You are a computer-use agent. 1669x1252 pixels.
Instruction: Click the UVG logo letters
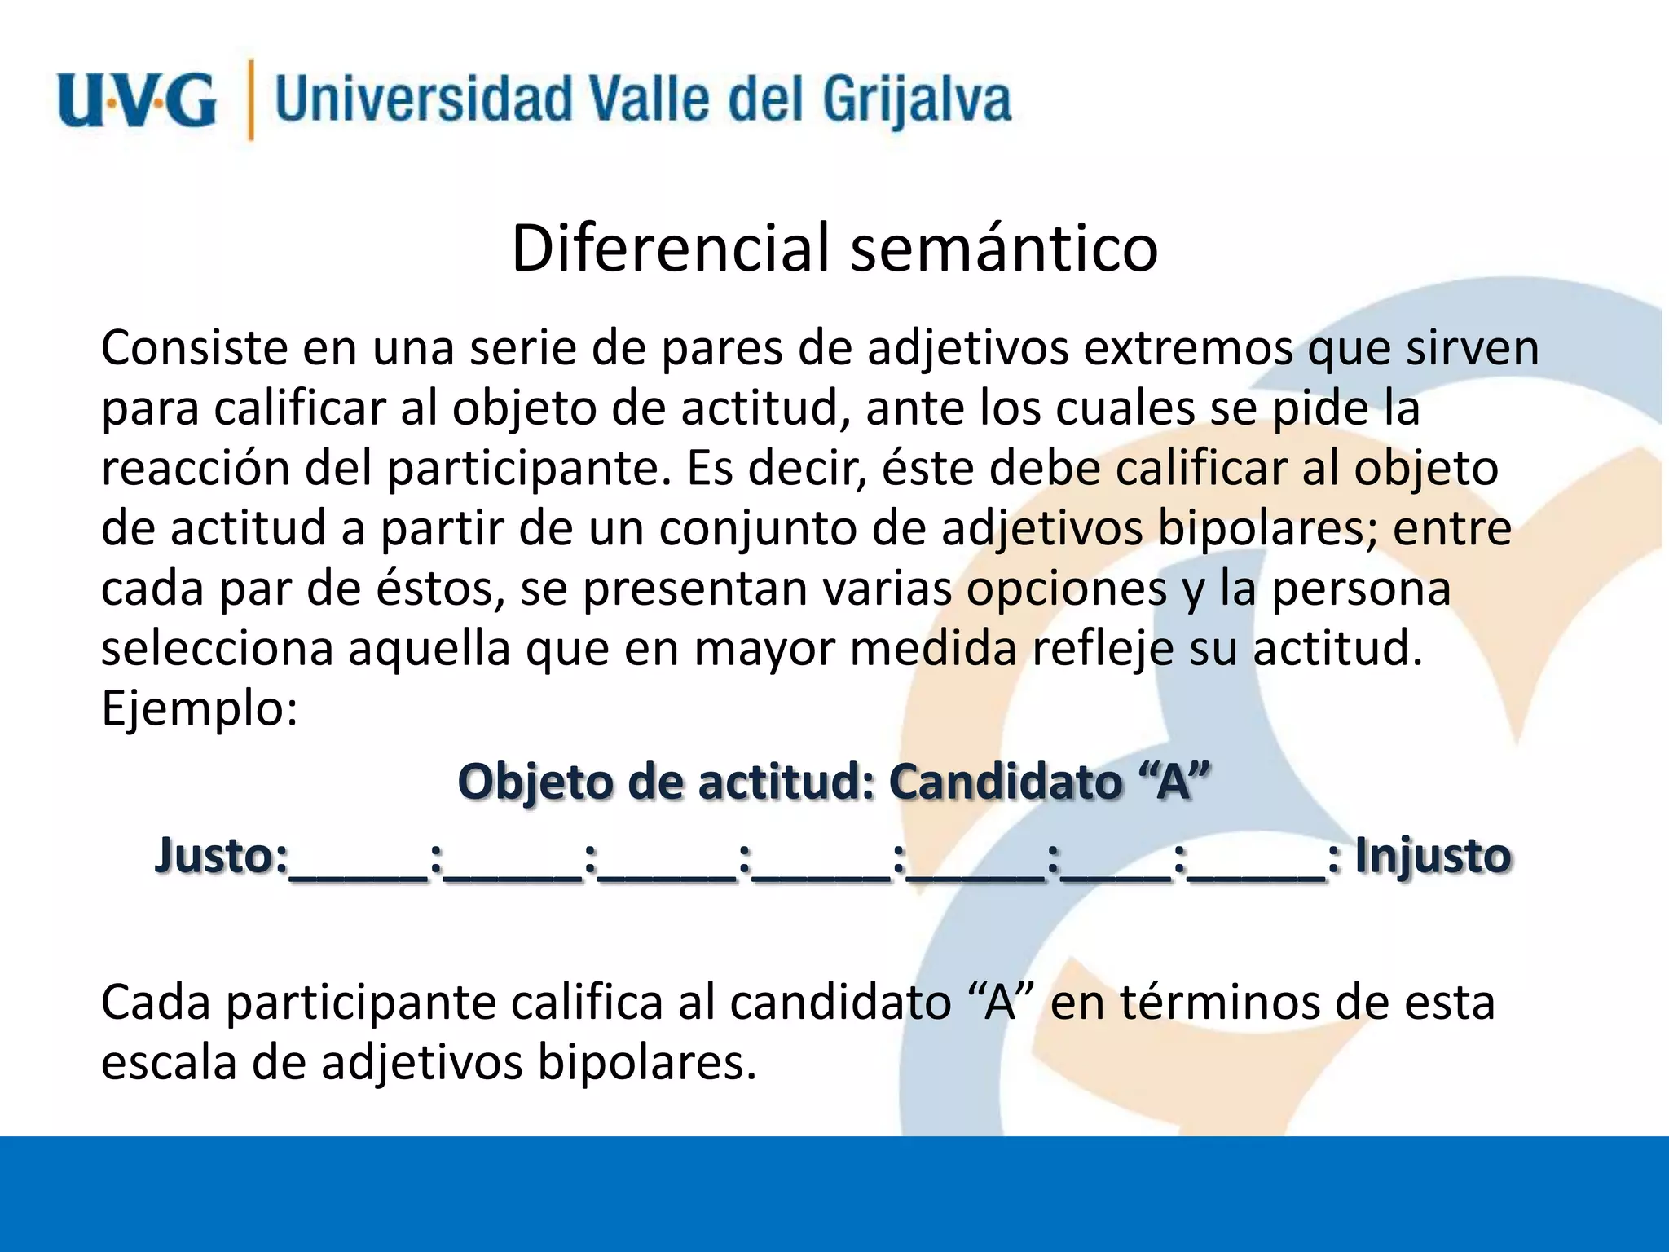click(137, 101)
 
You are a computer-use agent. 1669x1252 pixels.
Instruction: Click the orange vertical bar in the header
click(250, 99)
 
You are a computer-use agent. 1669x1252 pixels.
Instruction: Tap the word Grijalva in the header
click(916, 101)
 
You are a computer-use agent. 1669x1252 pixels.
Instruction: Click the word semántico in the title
click(1004, 248)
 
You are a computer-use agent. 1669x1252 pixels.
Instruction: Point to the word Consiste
click(195, 348)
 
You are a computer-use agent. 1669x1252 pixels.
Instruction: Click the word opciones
click(1066, 589)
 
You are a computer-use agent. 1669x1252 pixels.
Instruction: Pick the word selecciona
click(218, 649)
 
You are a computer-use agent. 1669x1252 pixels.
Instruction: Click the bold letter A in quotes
click(1174, 782)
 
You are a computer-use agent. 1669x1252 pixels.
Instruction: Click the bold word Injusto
click(1433, 857)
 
